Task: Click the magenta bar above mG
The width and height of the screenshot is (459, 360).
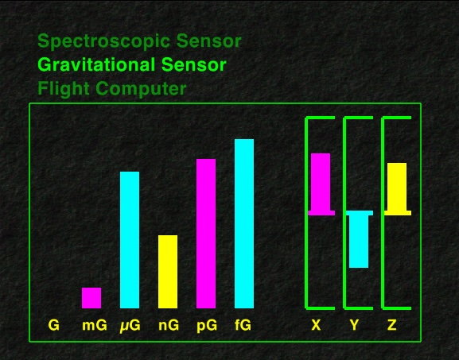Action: [x=91, y=298]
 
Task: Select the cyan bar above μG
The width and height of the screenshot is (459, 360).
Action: [x=130, y=240]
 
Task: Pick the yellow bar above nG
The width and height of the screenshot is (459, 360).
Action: [x=168, y=272]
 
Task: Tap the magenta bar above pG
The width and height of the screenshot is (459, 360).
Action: [x=206, y=234]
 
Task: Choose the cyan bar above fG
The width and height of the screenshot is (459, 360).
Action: [x=244, y=223]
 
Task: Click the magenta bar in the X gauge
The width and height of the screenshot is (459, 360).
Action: [x=321, y=184]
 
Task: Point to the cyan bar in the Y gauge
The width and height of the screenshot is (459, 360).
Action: [x=359, y=239]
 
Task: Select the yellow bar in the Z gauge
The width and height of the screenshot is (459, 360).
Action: [x=397, y=189]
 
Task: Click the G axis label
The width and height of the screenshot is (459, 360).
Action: [x=53, y=325]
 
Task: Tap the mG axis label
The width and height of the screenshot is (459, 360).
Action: [x=95, y=325]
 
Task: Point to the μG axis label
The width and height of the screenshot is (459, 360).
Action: [x=130, y=326]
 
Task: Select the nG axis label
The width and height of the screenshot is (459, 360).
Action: [x=169, y=325]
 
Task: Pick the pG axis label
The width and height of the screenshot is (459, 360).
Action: [x=207, y=326]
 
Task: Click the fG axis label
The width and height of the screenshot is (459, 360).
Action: [x=243, y=325]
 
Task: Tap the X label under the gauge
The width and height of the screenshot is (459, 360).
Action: [x=316, y=325]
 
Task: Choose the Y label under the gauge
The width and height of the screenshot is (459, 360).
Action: [x=354, y=325]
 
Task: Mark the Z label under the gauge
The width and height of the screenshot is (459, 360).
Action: [x=392, y=325]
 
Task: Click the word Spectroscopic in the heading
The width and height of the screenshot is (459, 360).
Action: [x=104, y=41]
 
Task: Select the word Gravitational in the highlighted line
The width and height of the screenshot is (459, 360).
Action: [x=96, y=64]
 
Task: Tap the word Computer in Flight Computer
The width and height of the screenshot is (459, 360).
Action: [x=141, y=89]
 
